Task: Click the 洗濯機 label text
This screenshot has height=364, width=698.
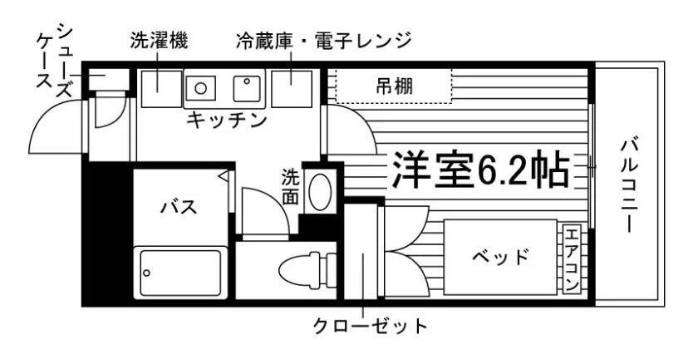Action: coord(159,41)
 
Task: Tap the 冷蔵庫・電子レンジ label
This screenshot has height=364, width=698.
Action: coord(323,42)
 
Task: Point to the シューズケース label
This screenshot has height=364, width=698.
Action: coord(54,61)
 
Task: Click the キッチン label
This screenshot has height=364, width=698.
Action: coord(227,121)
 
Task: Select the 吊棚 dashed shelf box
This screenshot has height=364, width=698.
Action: coord(394,86)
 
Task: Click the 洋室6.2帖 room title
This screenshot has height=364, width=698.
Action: coord(481,170)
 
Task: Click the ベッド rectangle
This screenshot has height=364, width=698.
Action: coord(500,257)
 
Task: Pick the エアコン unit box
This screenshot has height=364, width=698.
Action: coord(572,259)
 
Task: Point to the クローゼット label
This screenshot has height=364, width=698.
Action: coord(371,326)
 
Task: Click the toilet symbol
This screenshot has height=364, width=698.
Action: coord(307,269)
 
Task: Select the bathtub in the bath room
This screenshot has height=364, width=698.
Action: coord(181,273)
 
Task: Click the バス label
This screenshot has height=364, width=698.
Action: coord(179,207)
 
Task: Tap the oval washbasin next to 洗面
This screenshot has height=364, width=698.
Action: coord(321,191)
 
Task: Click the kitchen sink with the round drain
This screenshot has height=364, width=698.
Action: coord(201,88)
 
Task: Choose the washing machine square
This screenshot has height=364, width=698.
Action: coord(161,89)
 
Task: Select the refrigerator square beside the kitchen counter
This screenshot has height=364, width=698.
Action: coord(292,89)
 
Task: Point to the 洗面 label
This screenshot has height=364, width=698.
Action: coord(290,186)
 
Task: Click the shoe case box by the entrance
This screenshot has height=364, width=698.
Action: coord(109,79)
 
